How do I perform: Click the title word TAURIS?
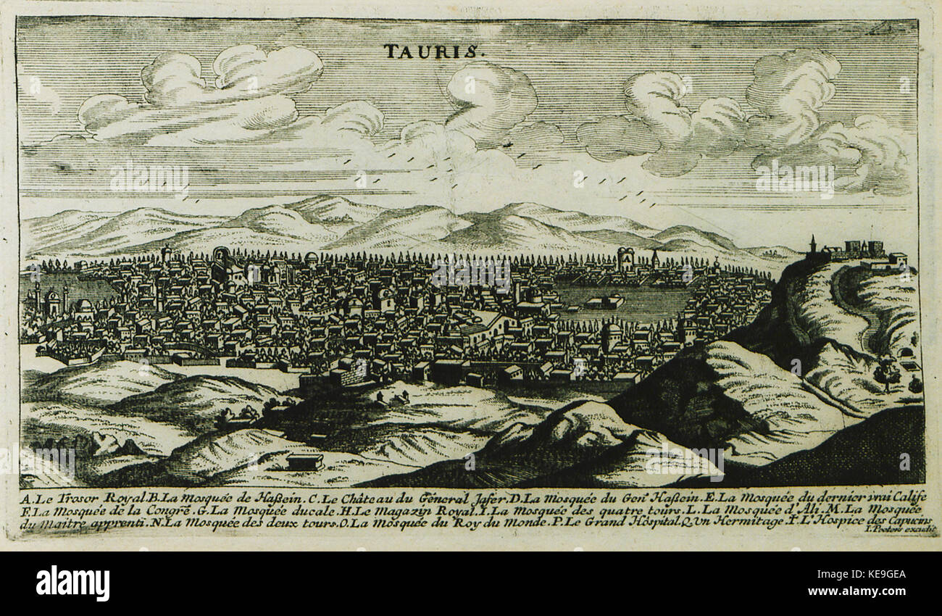(430, 51)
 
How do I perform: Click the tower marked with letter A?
(625, 259)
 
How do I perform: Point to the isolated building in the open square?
(603, 301)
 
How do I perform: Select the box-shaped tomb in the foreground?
(304, 460)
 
